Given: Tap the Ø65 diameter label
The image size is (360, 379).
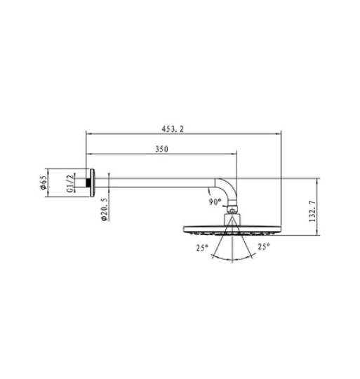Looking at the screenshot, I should click(x=43, y=184).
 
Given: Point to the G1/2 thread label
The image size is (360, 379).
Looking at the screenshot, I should click(x=69, y=185).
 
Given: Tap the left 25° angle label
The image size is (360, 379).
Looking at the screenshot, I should click(x=202, y=248).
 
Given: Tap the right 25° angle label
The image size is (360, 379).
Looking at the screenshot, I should click(x=264, y=247).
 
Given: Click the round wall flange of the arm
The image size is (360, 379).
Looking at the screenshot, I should click(x=88, y=184).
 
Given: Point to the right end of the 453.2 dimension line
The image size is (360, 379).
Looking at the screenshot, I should click(x=280, y=134).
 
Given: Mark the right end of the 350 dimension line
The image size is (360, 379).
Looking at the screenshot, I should click(x=237, y=154).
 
